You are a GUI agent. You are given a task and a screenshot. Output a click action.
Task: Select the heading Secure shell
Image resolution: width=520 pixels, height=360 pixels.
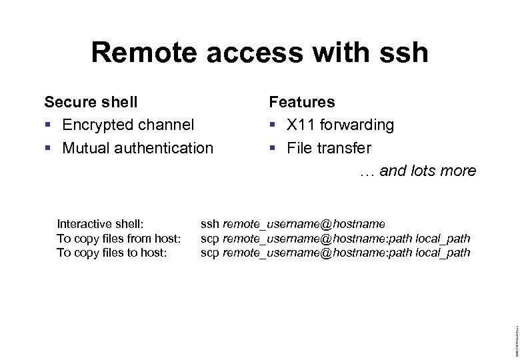click(x=91, y=102)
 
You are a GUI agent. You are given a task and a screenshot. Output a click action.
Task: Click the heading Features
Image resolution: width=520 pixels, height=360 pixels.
click(x=302, y=102)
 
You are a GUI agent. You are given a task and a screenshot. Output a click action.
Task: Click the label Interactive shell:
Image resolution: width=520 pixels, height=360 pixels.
click(x=101, y=223)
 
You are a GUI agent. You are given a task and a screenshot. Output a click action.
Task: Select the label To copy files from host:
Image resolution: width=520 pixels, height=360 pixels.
click(x=119, y=238)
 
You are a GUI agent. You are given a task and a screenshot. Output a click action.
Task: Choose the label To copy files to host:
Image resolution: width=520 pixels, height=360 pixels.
click(x=111, y=253)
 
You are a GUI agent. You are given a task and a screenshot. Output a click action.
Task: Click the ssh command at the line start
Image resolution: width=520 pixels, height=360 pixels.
click(x=209, y=223)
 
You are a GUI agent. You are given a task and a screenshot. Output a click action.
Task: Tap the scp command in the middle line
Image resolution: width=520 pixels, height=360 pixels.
click(x=210, y=238)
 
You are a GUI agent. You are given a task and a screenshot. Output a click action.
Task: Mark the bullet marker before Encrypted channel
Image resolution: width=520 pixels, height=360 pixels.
click(x=47, y=125)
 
